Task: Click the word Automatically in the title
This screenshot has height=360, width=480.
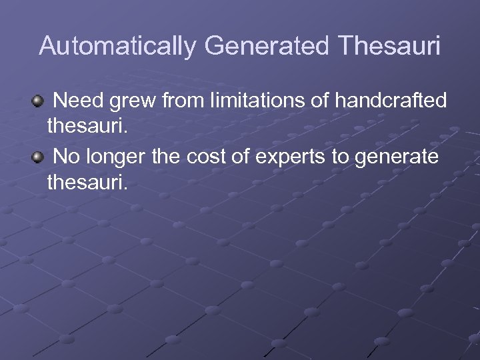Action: [x=118, y=46]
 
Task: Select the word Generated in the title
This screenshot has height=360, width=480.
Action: [x=267, y=46]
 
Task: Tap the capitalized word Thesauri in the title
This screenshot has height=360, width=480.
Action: [x=389, y=46]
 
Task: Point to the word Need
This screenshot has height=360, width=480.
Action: [x=77, y=101]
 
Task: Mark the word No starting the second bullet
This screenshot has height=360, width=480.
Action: [x=65, y=157]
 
